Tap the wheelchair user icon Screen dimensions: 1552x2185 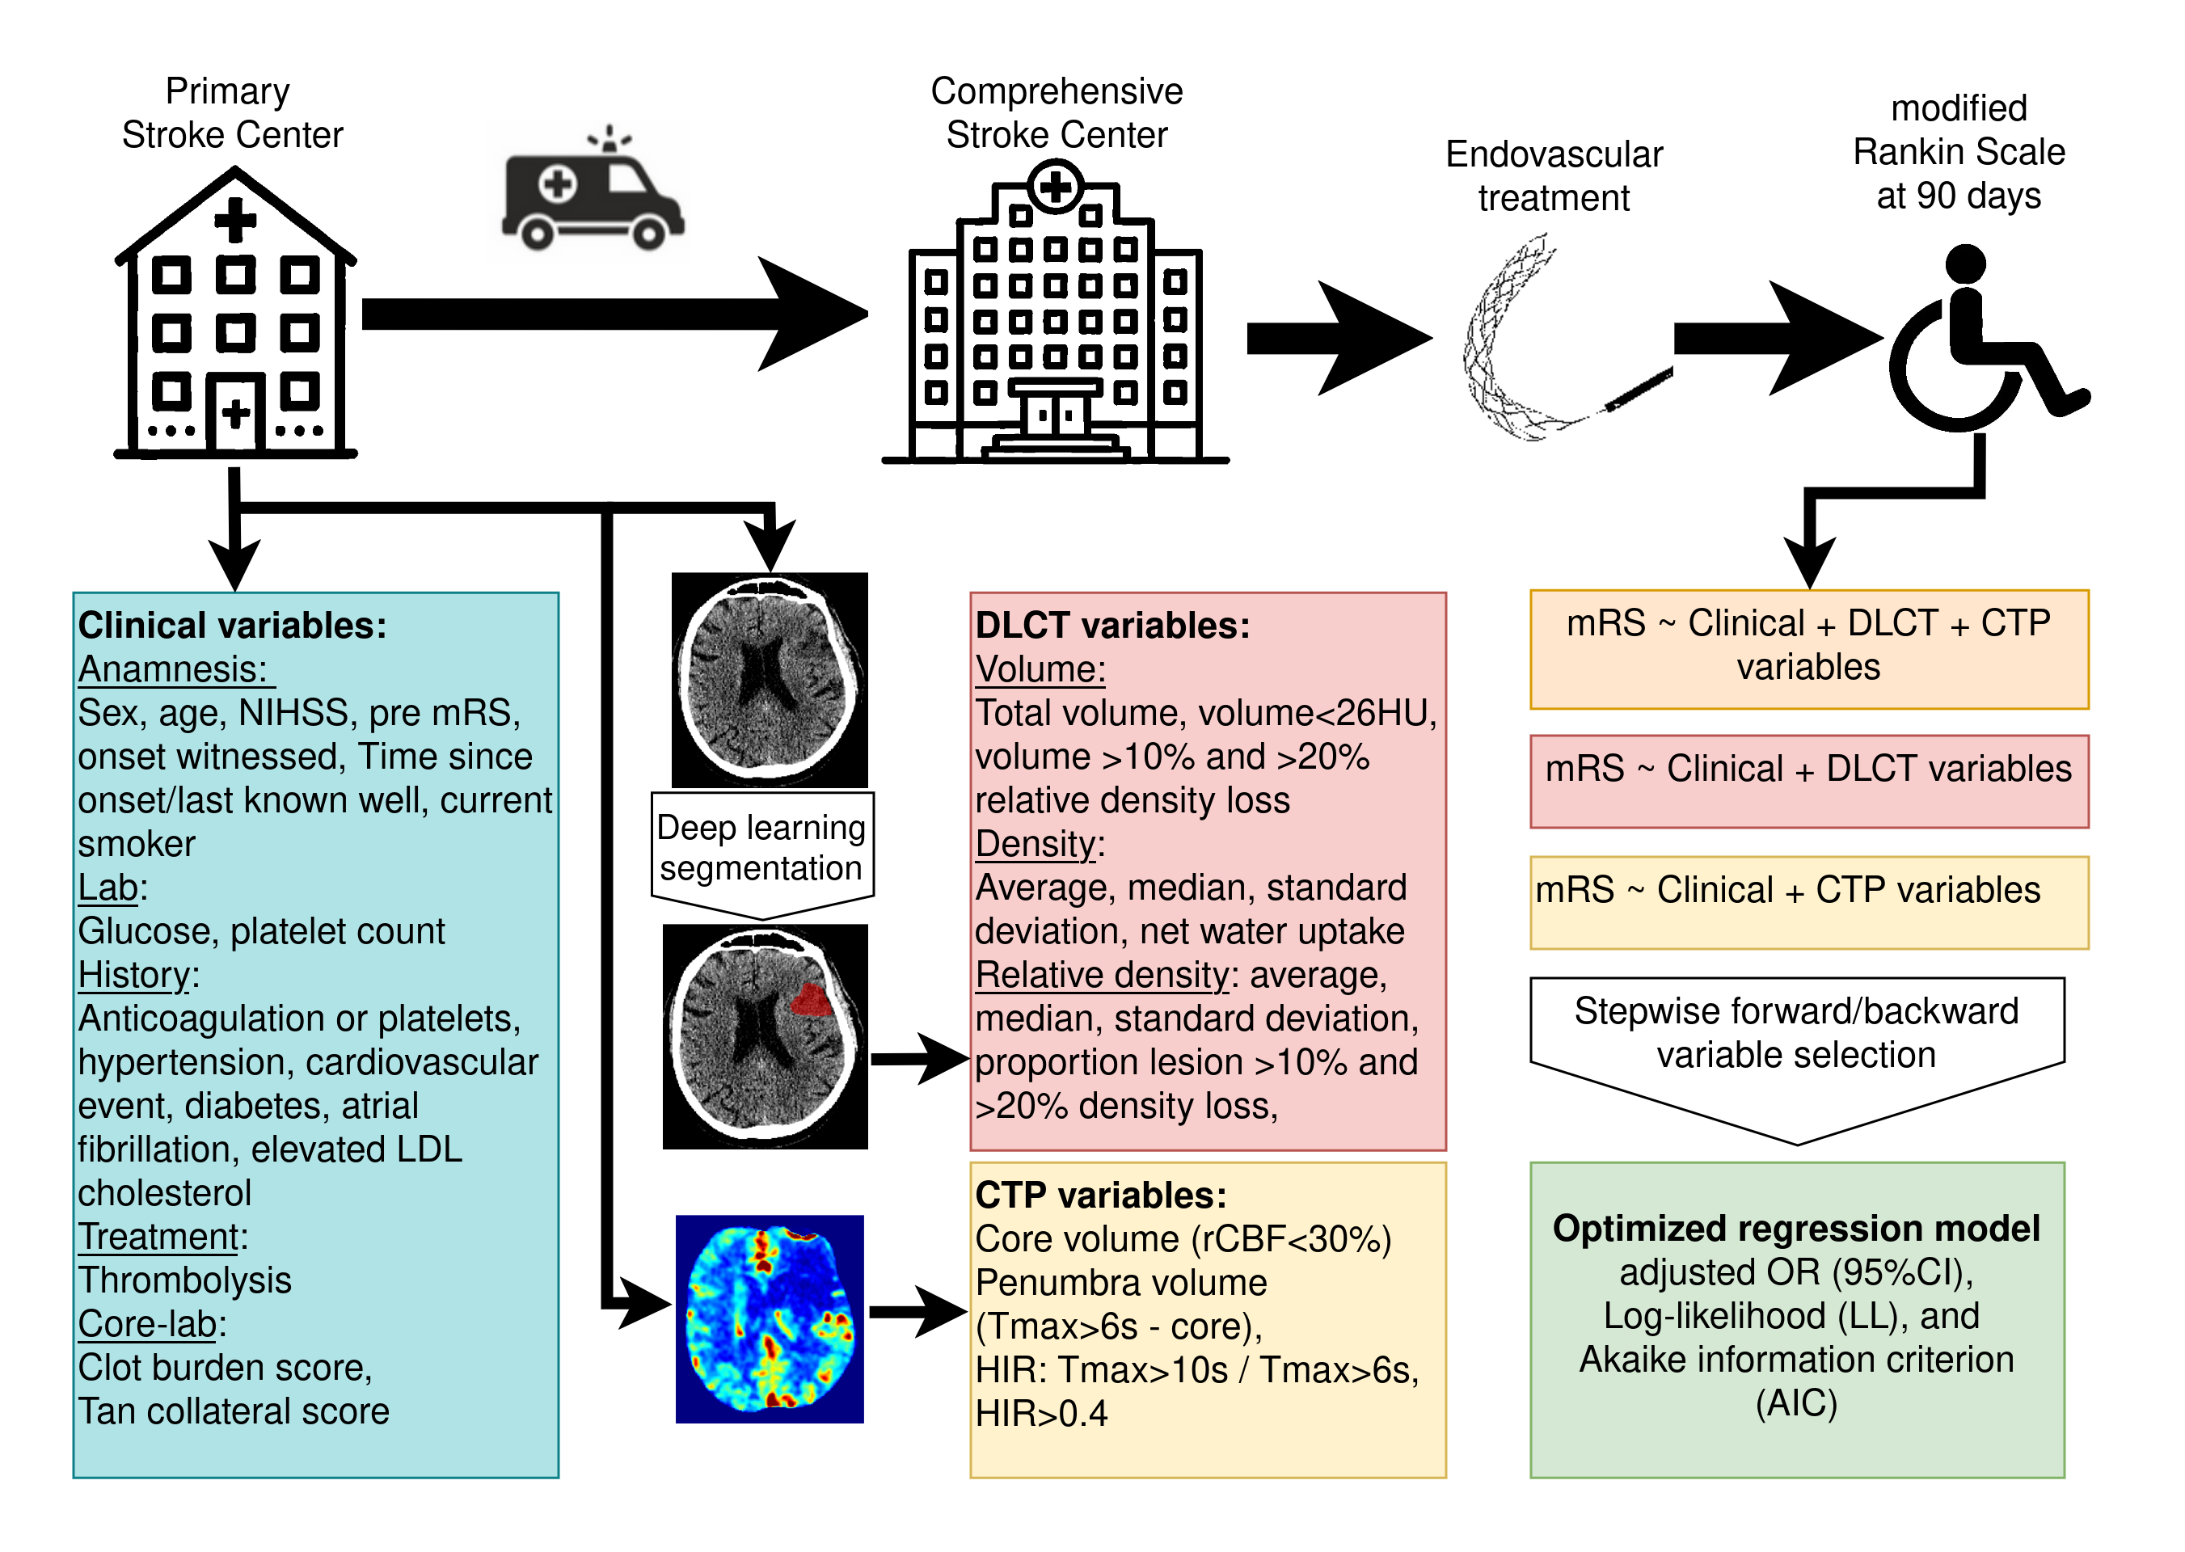click(1979, 344)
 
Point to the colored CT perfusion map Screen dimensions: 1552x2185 click(770, 1319)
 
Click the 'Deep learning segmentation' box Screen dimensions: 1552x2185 click(761, 849)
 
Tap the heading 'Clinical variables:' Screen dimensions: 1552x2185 click(232, 625)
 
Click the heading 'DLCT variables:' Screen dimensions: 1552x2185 click(1111, 625)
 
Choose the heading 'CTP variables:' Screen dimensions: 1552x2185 click(1100, 1196)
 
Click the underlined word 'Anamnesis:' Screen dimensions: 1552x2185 click(174, 669)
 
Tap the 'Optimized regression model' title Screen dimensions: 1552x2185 click(1796, 1228)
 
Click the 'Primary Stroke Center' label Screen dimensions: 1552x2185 click(230, 113)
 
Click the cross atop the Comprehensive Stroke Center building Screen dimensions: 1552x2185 click(1055, 187)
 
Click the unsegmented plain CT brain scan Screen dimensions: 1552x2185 click(770, 680)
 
